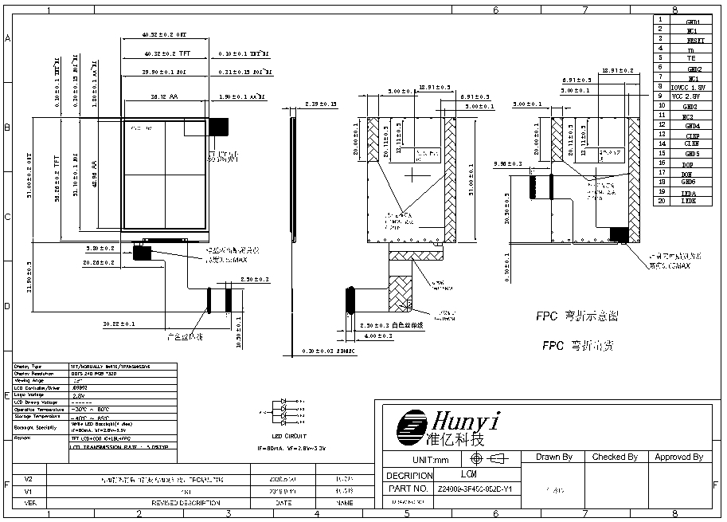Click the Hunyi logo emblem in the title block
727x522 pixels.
coord(412,429)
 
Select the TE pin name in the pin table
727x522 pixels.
coord(691,58)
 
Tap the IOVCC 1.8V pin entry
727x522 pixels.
coord(686,87)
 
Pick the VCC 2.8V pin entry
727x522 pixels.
coord(686,96)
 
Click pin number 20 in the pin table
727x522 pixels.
coord(661,202)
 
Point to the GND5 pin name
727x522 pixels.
coord(691,154)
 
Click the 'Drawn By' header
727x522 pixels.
coord(554,457)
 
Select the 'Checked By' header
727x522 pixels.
coord(615,457)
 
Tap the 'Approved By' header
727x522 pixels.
coord(678,457)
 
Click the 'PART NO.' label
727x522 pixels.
coord(409,489)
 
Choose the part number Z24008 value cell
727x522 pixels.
coord(475,489)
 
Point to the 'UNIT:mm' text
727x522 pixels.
coord(431,460)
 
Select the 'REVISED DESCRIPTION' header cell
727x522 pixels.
coord(186,503)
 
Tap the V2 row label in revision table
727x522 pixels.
coord(29,479)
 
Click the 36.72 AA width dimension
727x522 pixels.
coord(163,96)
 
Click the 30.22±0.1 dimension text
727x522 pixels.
coord(119,324)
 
